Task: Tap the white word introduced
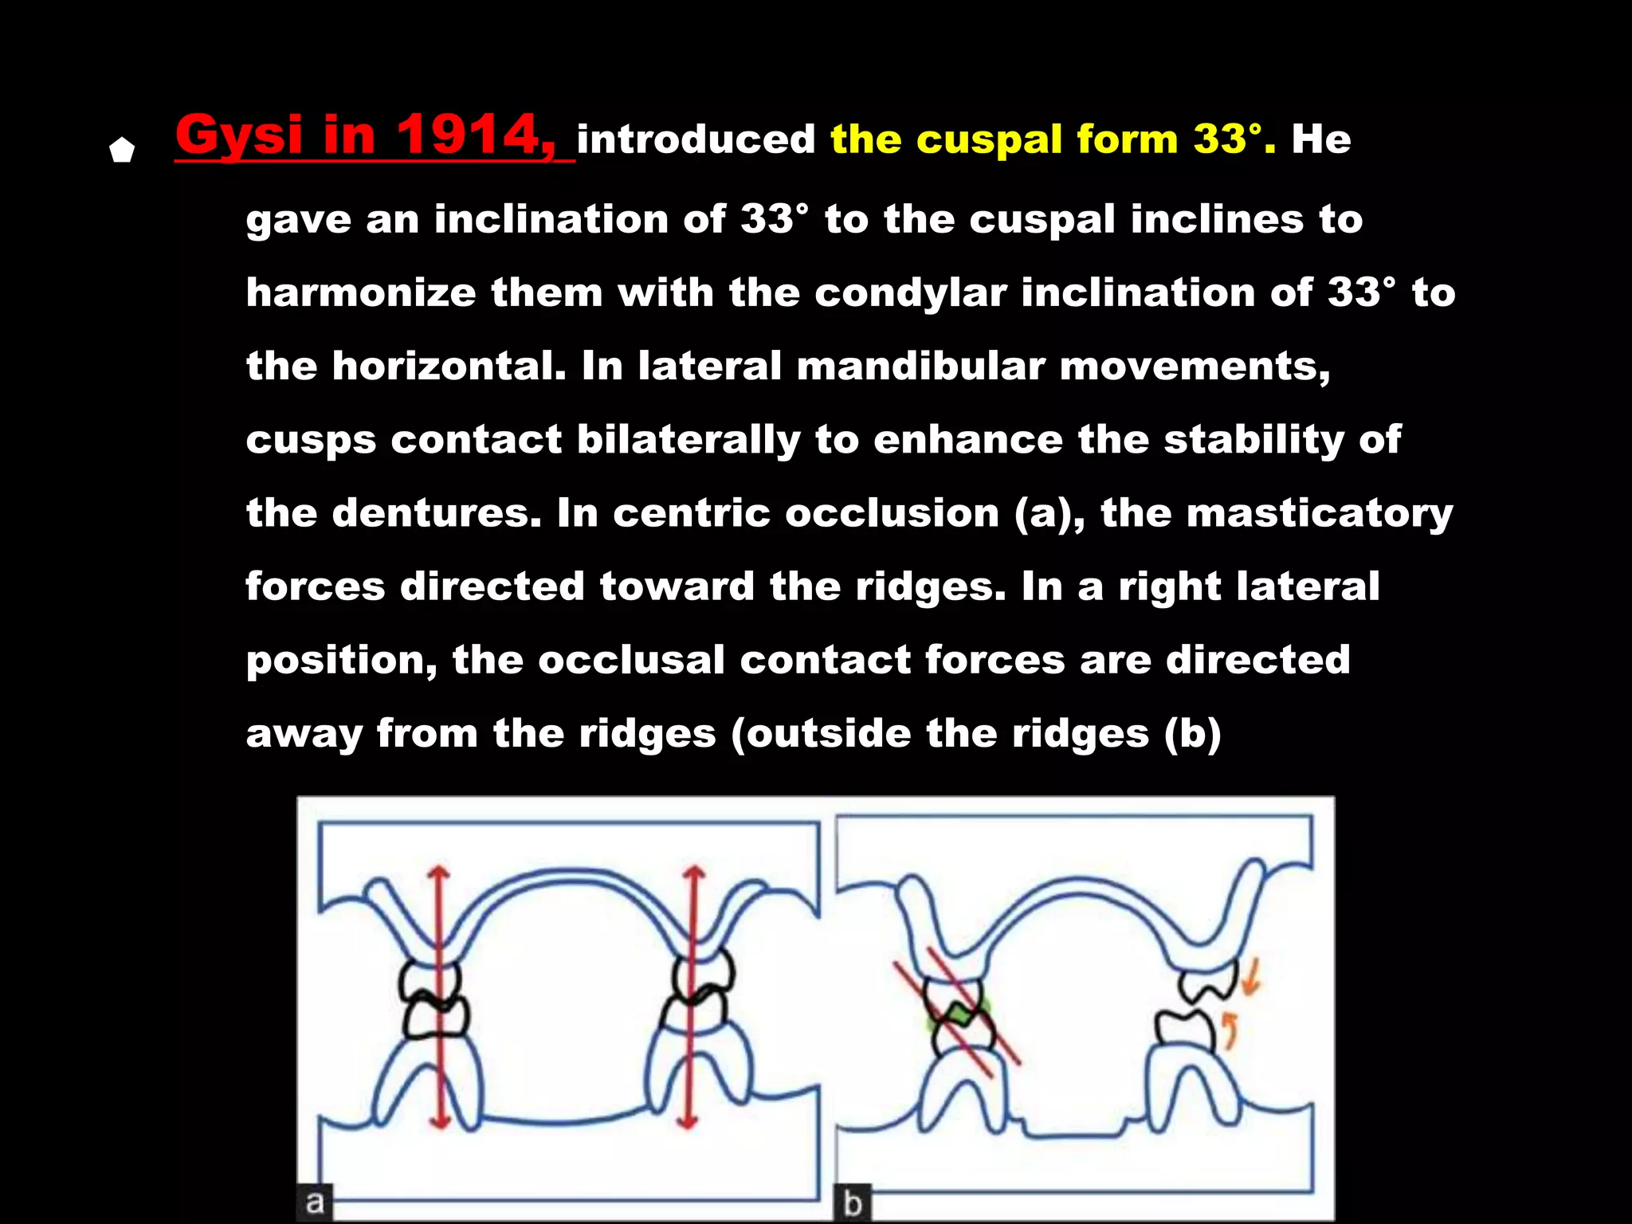(x=696, y=139)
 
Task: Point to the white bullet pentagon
(x=122, y=150)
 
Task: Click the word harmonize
(x=360, y=292)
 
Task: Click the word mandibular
(x=920, y=367)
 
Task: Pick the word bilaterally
(x=688, y=440)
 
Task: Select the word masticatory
(x=1319, y=513)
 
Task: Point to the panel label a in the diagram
(x=315, y=1202)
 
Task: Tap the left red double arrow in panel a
(x=437, y=996)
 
